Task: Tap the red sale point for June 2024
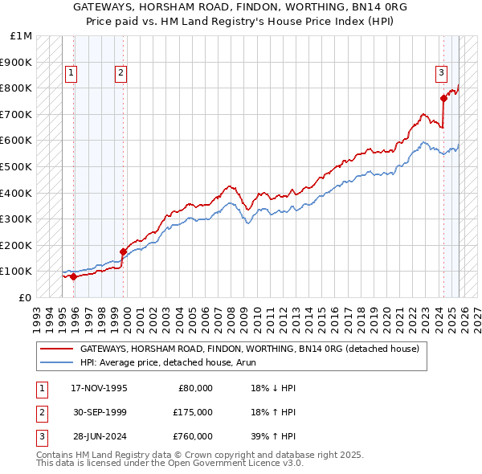coord(443,99)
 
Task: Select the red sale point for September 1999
coord(123,251)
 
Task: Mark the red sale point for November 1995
coord(73,276)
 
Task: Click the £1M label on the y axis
coord(22,36)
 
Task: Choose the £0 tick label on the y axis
coord(26,297)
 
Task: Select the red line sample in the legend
coord(56,349)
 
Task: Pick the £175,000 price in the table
coord(193,412)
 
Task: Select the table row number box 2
coord(40,412)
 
